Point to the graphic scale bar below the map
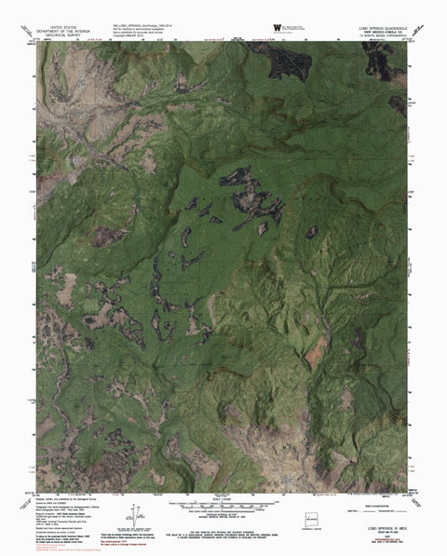[x=223, y=503]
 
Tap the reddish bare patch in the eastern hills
[x=318, y=347]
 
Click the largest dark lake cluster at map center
[x=247, y=200]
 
